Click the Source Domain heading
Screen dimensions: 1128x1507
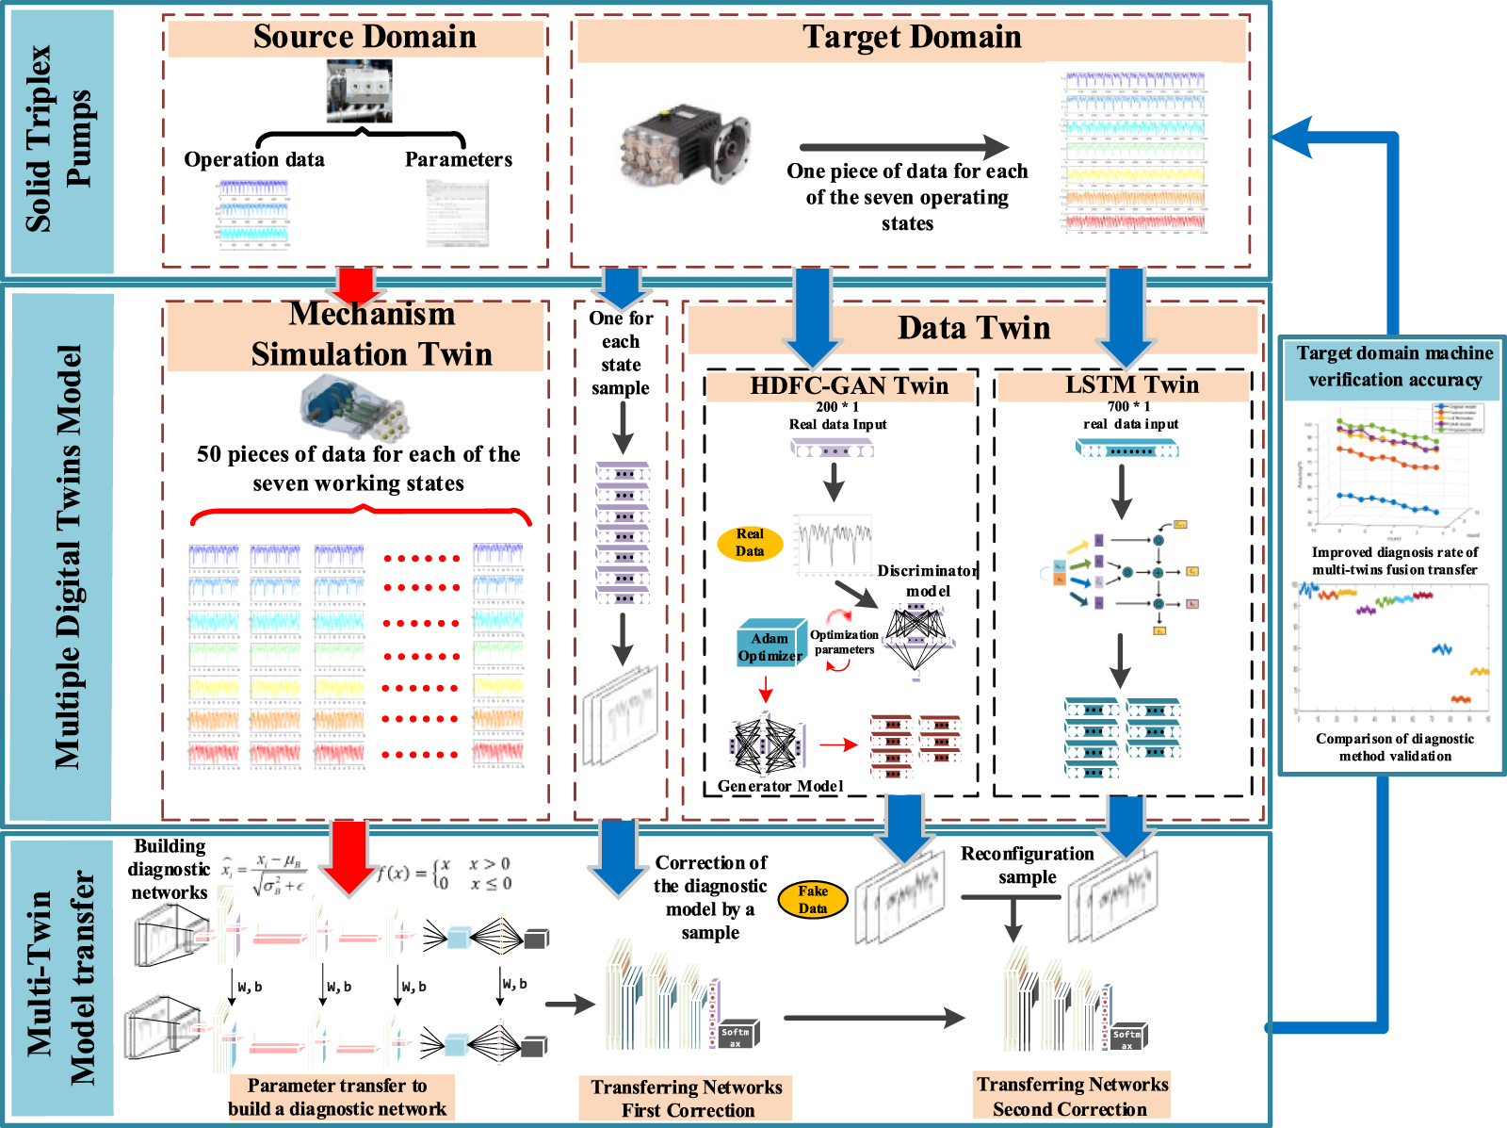click(x=365, y=37)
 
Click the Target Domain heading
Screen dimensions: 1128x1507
click(x=912, y=37)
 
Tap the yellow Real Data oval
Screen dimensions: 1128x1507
click(x=750, y=543)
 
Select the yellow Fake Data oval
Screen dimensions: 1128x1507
click(x=813, y=900)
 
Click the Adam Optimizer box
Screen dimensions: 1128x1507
click(x=770, y=646)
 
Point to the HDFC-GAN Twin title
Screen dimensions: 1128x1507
click(x=849, y=385)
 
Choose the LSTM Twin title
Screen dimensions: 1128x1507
click(x=1132, y=384)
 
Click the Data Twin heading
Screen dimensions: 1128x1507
click(x=974, y=328)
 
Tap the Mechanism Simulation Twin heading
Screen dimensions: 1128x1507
click(x=372, y=334)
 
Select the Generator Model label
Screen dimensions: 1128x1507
click(x=780, y=786)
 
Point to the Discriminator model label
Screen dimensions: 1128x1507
click(x=928, y=580)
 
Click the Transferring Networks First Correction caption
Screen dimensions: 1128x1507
click(x=687, y=1099)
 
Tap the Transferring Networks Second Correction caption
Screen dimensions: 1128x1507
click(x=1072, y=1097)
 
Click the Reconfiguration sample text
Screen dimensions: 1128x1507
click(x=1028, y=865)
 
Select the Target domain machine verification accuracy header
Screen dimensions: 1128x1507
click(x=1394, y=367)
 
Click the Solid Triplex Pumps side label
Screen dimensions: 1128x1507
click(x=59, y=139)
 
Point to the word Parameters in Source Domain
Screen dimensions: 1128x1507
click(x=459, y=159)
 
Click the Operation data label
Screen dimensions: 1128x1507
click(x=254, y=159)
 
